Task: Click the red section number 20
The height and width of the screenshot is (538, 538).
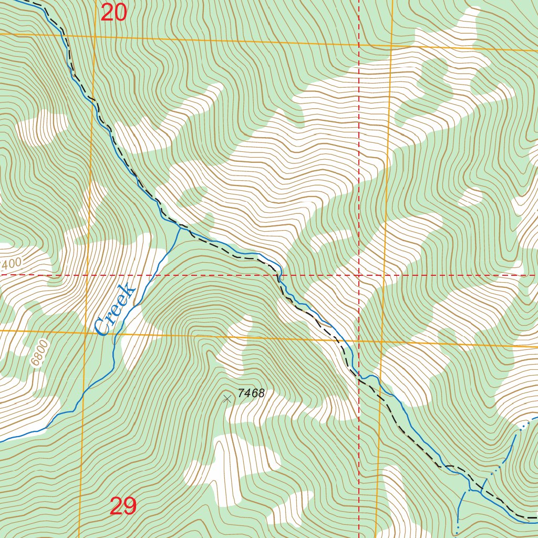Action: click(x=114, y=13)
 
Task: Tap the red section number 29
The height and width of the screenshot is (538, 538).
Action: click(x=123, y=506)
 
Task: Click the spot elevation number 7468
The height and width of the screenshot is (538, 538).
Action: click(x=251, y=393)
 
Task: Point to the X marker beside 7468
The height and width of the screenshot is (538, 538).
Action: click(x=227, y=399)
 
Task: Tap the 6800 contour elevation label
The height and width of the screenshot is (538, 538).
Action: click(x=39, y=353)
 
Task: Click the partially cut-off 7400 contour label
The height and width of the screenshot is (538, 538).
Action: click(x=11, y=263)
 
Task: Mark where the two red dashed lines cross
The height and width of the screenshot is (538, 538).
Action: click(x=359, y=275)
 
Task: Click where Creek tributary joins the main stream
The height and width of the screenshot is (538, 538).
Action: click(x=180, y=227)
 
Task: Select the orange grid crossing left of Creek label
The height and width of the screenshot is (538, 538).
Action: click(x=86, y=332)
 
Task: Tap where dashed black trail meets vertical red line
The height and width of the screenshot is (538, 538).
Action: click(x=359, y=377)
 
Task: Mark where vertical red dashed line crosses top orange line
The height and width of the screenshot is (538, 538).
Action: click(x=359, y=45)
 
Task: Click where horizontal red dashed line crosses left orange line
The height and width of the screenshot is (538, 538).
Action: click(x=88, y=275)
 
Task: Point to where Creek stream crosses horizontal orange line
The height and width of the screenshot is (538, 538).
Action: click(x=115, y=333)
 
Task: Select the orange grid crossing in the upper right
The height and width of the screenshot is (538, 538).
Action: click(x=391, y=46)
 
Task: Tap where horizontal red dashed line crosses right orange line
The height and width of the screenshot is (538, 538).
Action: click(x=385, y=275)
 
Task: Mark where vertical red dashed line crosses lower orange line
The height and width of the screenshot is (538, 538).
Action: click(x=359, y=340)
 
